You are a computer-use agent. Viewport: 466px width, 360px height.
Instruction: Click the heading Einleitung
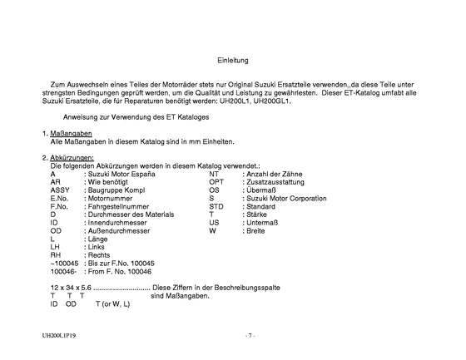[232, 60]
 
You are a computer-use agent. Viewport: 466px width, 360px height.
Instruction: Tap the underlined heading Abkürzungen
[72, 158]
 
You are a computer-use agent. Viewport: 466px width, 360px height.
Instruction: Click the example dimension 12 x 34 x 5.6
[70, 287]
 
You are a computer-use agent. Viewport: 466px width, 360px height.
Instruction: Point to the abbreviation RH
[56, 255]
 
